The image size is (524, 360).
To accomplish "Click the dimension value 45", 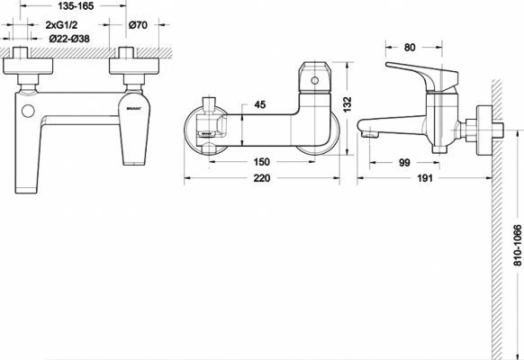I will pos(259,105).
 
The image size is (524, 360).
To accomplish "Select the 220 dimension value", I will pos(261,179).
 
